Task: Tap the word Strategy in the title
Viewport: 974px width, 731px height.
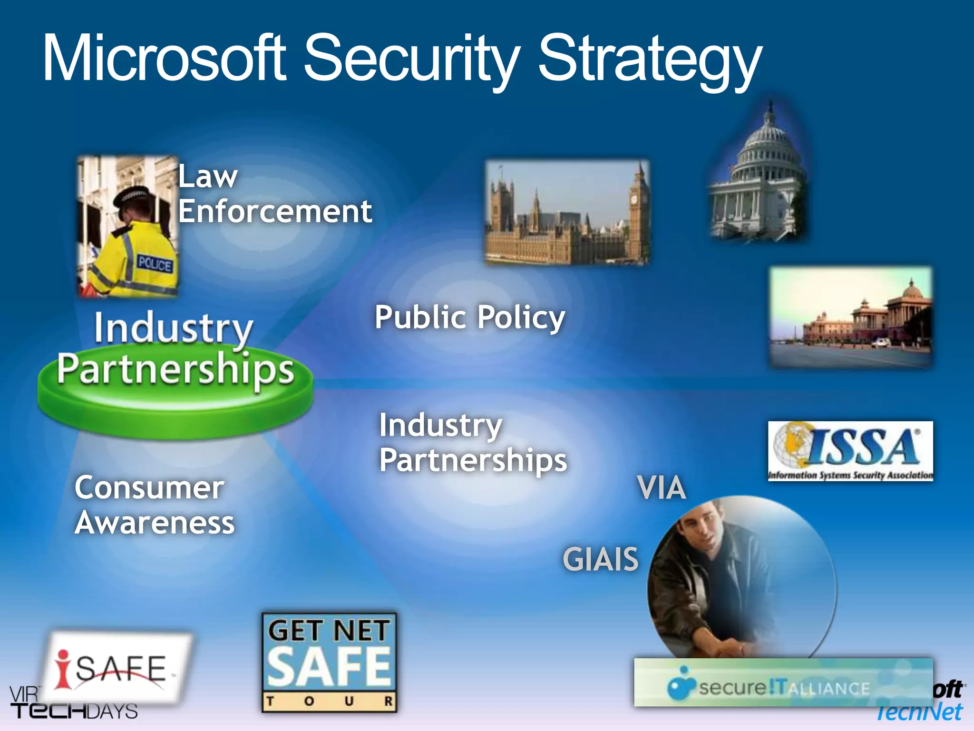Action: coord(649,59)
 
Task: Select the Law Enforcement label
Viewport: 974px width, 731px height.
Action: coord(275,194)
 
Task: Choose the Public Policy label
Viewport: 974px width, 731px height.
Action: coord(470,317)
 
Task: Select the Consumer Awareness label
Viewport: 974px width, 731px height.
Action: coord(154,505)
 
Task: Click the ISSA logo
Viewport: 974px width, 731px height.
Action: coord(850,451)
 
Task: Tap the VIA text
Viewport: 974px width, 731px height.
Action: coord(662,488)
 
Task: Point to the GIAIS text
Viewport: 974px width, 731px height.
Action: coord(600,559)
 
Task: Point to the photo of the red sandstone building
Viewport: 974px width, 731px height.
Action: coord(850,316)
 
